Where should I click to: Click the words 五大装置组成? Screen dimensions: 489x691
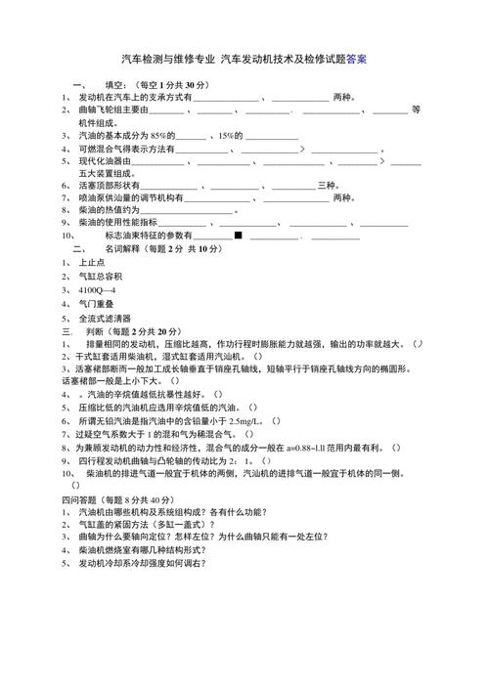pos(100,172)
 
